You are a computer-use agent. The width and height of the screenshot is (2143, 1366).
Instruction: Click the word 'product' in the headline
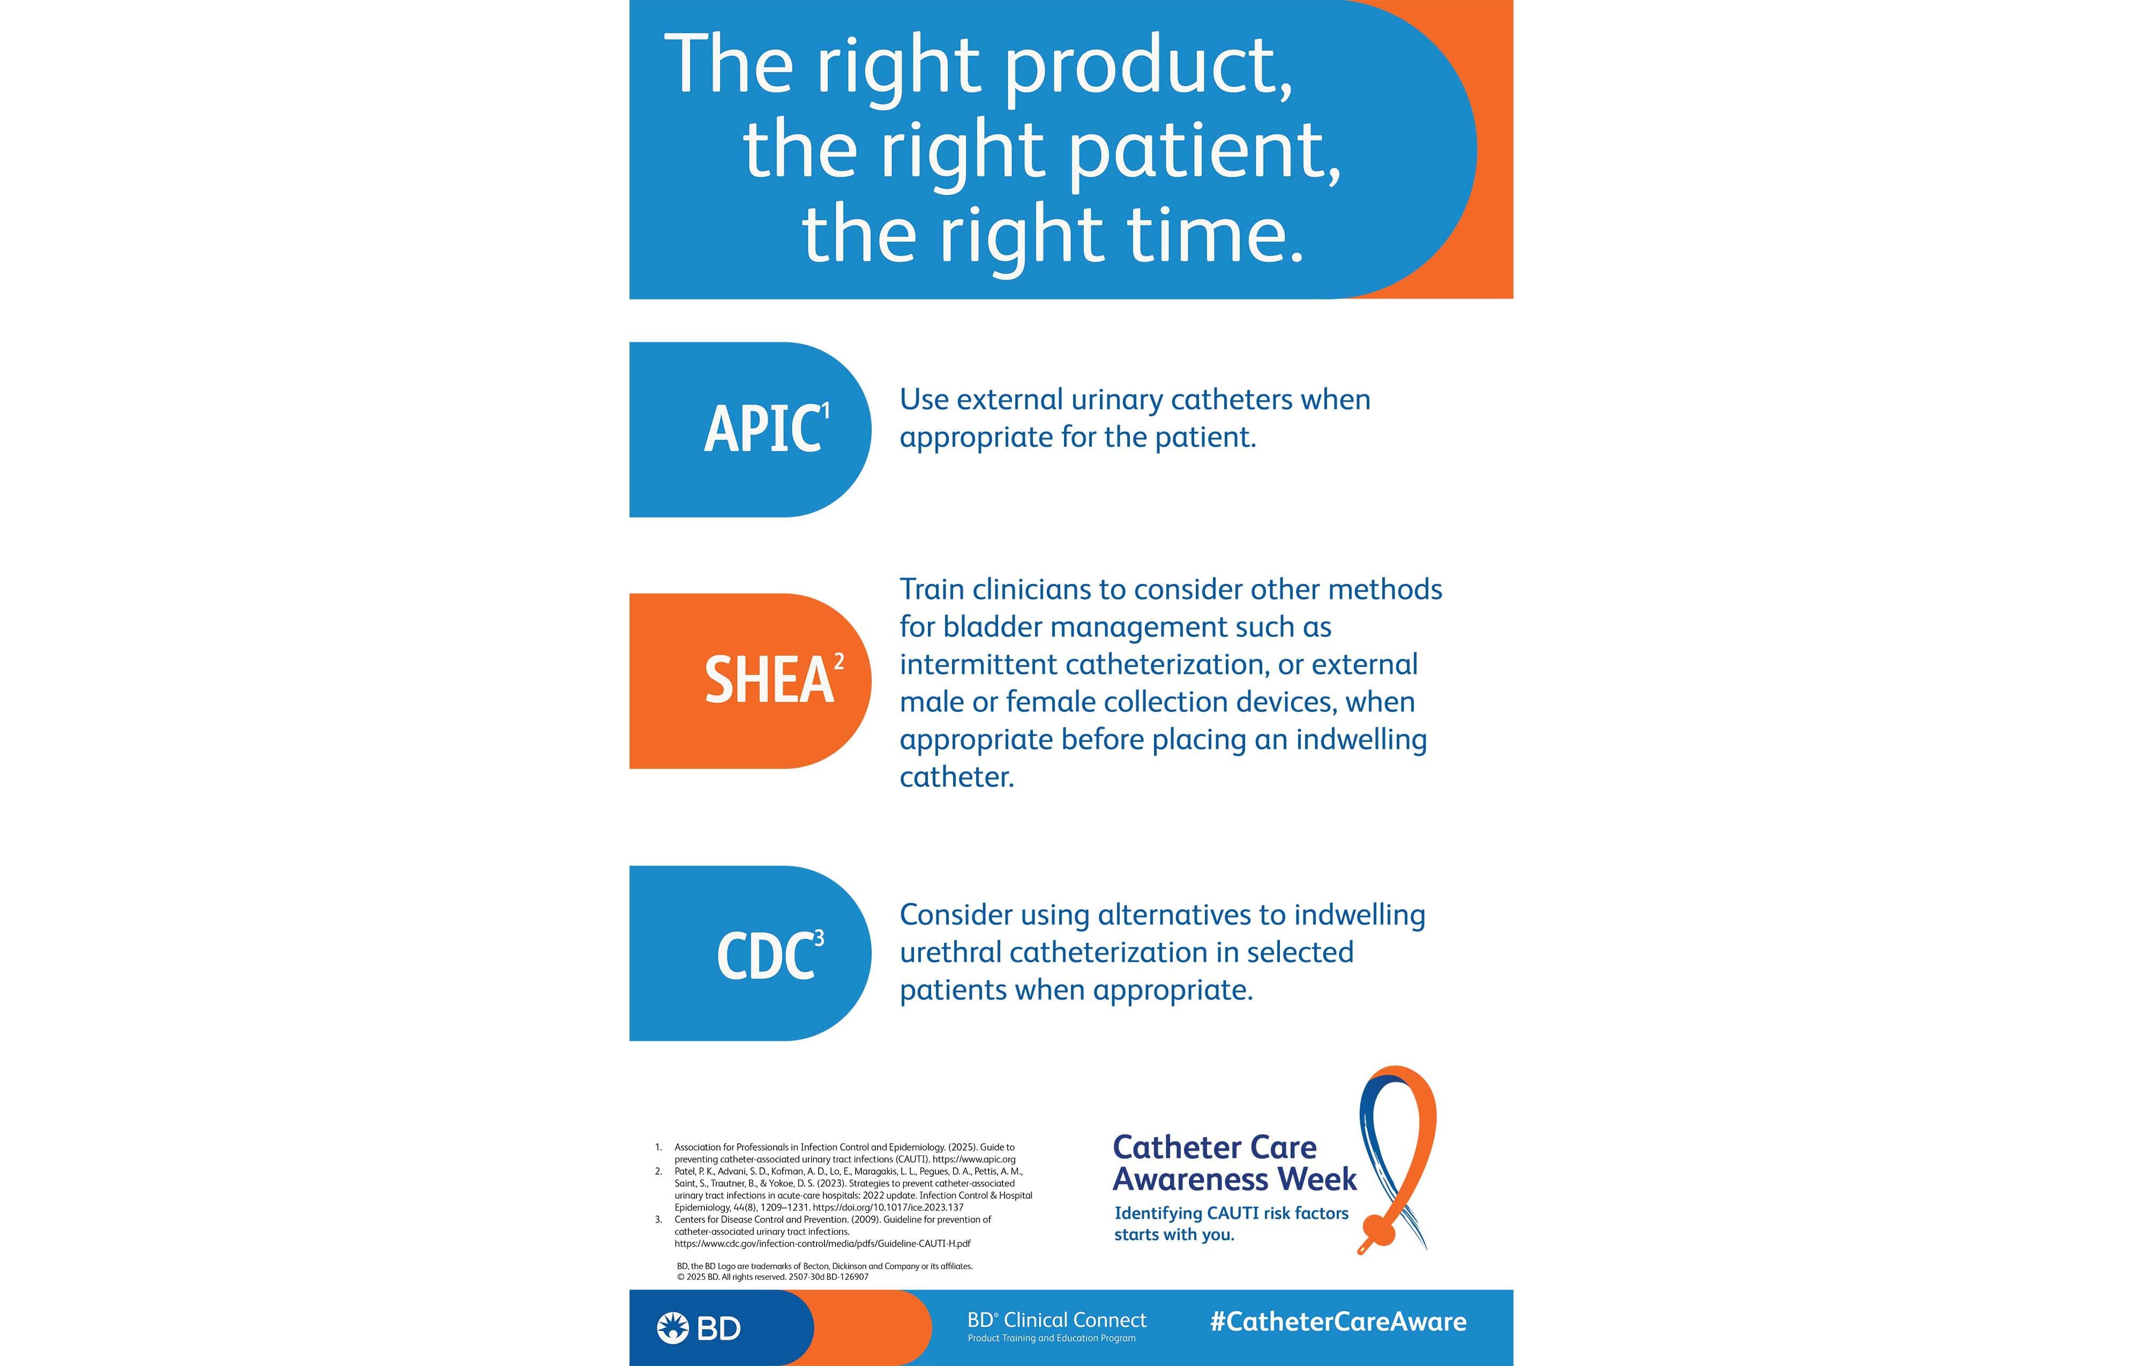1148,67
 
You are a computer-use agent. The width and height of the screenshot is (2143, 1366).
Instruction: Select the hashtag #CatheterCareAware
1338,1322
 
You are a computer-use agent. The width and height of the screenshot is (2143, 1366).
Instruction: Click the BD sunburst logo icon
673,1328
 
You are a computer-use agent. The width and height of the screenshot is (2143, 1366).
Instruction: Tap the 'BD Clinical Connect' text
1056,1320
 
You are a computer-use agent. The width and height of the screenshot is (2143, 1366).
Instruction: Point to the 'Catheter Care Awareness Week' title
1233,1163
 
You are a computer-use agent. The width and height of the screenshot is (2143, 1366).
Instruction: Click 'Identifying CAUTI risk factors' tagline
1231,1214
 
